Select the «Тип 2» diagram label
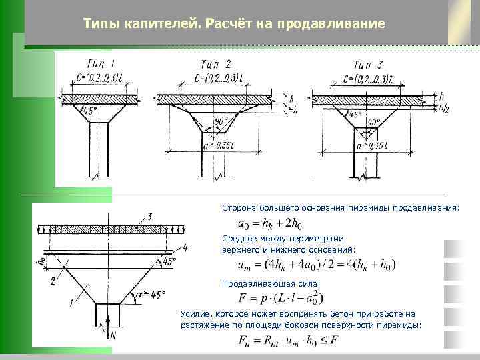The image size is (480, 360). pos(216,65)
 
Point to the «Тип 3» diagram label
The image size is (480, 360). pos(367,65)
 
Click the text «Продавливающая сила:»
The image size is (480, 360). pos(271,283)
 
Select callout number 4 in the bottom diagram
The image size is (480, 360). pos(185,247)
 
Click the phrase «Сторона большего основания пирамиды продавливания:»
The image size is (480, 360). pos(341,208)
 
